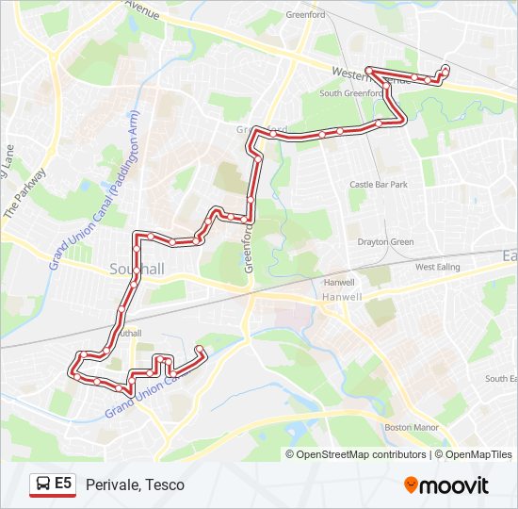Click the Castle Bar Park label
[378, 185]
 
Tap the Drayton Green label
[385, 242]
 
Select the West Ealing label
[437, 268]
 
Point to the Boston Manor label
[412, 428]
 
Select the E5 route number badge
[63, 484]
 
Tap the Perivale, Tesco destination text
[135, 484]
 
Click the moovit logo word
[455, 485]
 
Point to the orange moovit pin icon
[411, 484]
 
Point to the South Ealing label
[501, 378]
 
